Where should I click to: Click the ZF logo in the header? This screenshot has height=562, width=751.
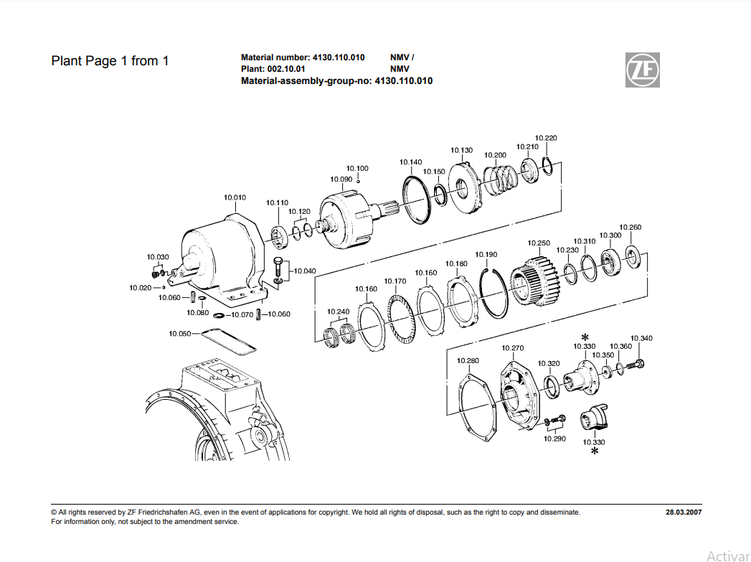pos(642,70)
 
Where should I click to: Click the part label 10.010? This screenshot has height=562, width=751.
pos(235,197)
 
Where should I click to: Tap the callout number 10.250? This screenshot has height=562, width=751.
pos(539,243)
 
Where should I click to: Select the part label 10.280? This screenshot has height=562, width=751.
pos(468,360)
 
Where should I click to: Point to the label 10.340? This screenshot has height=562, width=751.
pos(641,338)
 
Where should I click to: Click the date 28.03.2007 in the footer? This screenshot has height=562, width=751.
pos(684,512)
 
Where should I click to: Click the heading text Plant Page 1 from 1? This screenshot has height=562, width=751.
pos(110,61)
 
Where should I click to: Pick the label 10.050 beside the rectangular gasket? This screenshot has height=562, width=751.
pos(180,334)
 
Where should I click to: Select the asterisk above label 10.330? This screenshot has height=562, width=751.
pos(585,337)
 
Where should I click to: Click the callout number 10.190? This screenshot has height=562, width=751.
pos(486,255)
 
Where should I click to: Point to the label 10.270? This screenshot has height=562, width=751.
pos(513,348)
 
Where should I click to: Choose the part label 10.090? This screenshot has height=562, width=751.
pos(341,179)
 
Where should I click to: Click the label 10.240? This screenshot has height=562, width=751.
pos(338,312)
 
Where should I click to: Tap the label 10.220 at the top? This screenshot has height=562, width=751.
pos(546,138)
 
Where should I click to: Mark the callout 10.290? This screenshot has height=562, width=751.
pos(554,438)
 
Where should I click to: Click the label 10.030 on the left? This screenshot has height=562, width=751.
pos(158,257)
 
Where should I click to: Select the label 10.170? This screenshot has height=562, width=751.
pos(395,281)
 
